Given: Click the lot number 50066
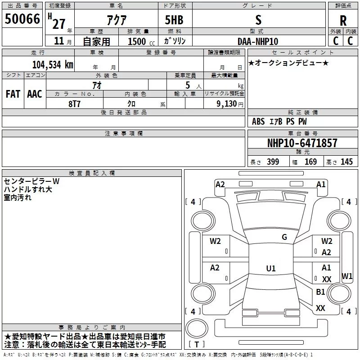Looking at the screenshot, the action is coord(22,19).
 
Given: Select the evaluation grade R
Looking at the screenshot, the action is coord(343,21).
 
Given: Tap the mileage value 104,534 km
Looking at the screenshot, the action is coord(53,65).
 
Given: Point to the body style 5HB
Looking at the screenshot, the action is coord(174,20).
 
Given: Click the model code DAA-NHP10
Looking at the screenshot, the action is coord(258,41).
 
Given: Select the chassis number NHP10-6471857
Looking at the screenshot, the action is coord(302,143).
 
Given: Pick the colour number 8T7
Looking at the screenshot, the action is coord(74,104).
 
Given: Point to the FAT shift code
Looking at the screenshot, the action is coord(13,94).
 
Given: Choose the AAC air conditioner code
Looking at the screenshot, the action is coord(35,94).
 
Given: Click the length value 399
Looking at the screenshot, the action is coord(273,162).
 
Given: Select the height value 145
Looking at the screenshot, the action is coord(346,162).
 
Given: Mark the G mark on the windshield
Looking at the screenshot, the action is coord(284,237).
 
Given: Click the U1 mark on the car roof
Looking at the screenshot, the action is coord(271,268).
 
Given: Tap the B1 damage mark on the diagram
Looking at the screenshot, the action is coord(320,292).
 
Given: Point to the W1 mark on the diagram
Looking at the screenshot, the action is coord(347,276).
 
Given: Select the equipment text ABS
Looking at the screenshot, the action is coord(258,121).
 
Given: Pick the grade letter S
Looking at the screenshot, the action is coord(258,20).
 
